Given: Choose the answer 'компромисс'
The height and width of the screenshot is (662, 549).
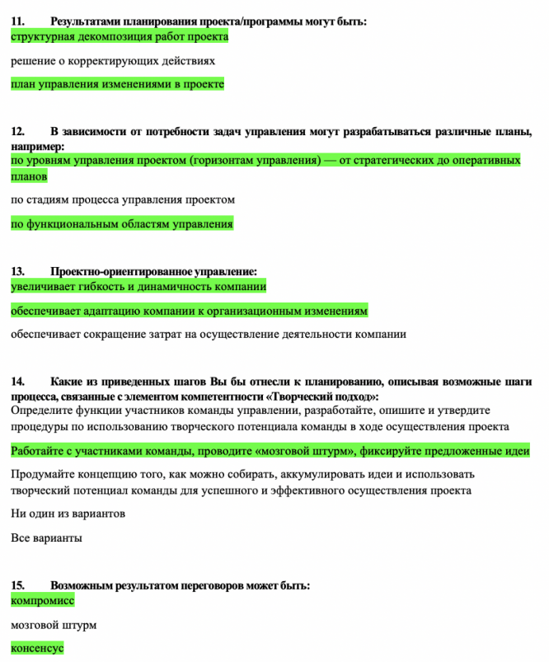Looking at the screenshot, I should (42, 600).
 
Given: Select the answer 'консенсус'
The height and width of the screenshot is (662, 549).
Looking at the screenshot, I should (37, 648).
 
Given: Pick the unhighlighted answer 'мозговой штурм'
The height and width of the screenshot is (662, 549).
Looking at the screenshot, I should (54, 625).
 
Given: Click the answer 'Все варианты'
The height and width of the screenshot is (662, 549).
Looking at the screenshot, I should (46, 538).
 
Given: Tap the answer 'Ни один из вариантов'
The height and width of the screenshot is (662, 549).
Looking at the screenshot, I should (68, 514).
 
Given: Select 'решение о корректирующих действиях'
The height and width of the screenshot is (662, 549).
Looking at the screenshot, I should (113, 61).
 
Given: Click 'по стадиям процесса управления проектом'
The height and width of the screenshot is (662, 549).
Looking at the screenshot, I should (123, 200).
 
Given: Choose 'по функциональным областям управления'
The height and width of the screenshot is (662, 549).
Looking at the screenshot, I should (122, 223).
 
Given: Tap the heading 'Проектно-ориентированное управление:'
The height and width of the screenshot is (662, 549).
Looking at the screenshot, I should (154, 271).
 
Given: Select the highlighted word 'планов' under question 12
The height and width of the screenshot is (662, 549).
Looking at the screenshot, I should (29, 176).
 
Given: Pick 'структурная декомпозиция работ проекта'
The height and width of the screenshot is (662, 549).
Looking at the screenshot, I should (120, 36).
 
